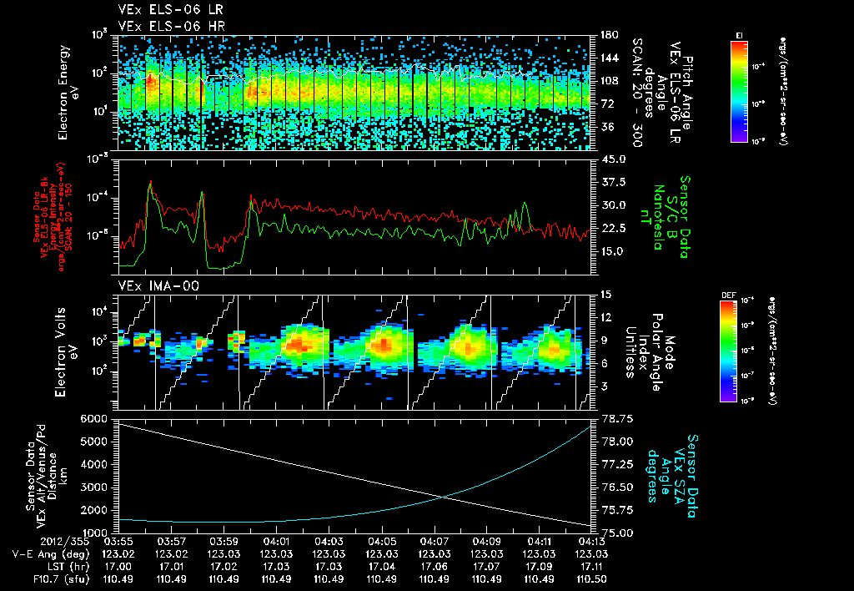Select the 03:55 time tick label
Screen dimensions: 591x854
click(118, 541)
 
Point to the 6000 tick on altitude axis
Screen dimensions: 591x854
click(93, 417)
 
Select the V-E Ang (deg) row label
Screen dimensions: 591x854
click(43, 553)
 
